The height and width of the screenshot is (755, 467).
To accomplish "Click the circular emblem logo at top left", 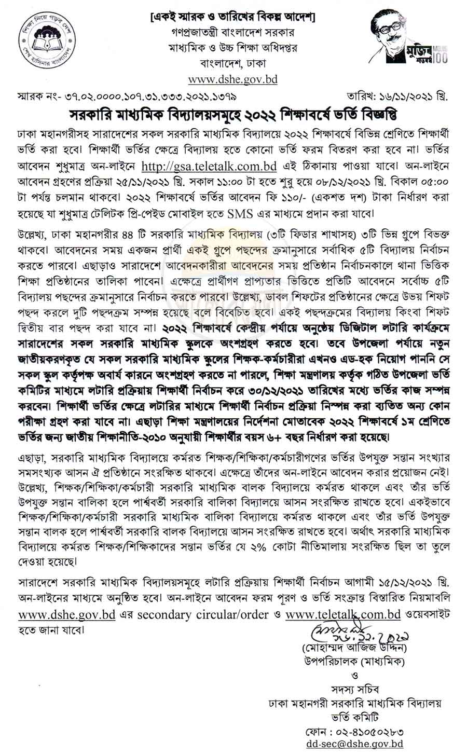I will click(40, 40).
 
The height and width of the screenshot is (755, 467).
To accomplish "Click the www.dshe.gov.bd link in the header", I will click(232, 79).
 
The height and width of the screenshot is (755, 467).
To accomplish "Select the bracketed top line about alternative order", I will click(232, 17).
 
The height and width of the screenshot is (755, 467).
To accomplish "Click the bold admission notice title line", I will click(233, 114).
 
